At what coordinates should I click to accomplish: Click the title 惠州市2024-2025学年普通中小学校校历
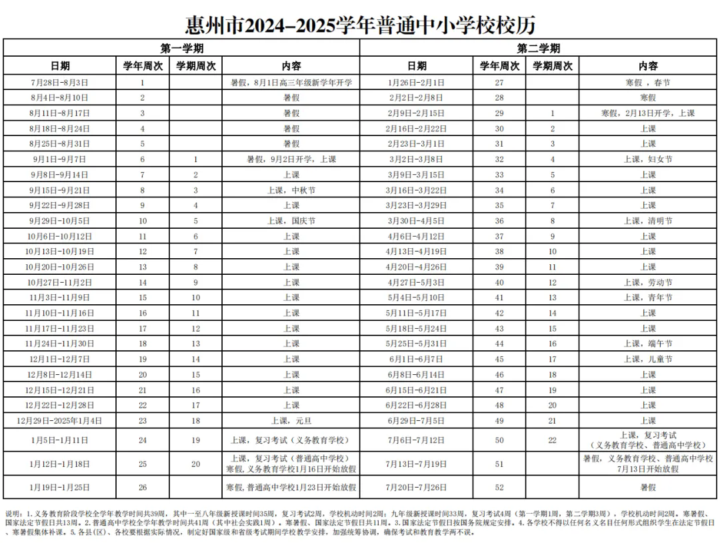(360, 25)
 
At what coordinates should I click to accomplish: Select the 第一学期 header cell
(181, 48)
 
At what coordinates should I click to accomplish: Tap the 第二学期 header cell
(539, 48)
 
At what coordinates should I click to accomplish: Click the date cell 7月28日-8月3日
(59, 83)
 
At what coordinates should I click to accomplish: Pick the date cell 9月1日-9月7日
(59, 159)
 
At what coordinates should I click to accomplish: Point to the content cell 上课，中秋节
(291, 190)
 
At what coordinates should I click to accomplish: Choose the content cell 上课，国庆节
(291, 221)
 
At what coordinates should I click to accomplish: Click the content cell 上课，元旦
(291, 421)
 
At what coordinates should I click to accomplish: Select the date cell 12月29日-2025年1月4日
(59, 421)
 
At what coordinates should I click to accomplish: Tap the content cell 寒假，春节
(648, 83)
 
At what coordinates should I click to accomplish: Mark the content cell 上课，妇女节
(648, 159)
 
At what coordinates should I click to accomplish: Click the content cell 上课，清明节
(648, 221)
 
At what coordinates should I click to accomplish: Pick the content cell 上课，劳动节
(648, 282)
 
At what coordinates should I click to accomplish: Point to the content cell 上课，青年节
(648, 298)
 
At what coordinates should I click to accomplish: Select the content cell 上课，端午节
(648, 344)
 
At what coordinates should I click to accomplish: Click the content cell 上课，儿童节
(648, 359)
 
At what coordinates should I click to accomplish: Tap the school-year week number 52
(499, 487)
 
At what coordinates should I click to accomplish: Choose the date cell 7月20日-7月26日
(417, 487)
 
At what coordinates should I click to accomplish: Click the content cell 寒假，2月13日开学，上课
(648, 113)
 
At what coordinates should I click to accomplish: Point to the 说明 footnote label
(13, 514)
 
